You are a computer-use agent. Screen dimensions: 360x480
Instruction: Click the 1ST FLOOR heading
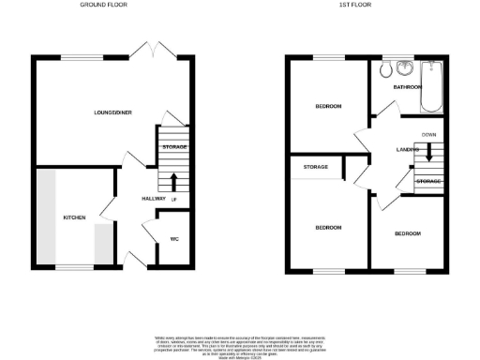[x=352, y=5]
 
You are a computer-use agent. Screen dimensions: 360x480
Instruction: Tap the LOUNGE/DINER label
[x=112, y=113]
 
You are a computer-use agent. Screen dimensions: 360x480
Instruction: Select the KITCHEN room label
[x=74, y=217]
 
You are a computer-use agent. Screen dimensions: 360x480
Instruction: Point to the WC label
[x=173, y=239]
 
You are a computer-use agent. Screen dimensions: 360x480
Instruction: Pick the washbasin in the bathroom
[x=405, y=67]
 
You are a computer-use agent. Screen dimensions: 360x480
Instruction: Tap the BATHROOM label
[x=407, y=87]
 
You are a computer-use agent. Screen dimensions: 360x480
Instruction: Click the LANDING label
[x=407, y=150]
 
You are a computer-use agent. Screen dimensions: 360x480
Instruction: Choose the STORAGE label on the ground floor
[x=175, y=148]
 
